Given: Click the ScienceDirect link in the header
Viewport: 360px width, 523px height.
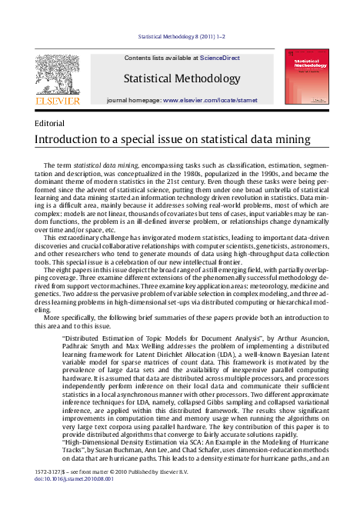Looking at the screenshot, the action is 219,58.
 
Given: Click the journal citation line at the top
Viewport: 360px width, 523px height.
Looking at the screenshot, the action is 179,36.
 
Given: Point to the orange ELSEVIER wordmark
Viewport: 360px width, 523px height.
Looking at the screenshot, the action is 56,100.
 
